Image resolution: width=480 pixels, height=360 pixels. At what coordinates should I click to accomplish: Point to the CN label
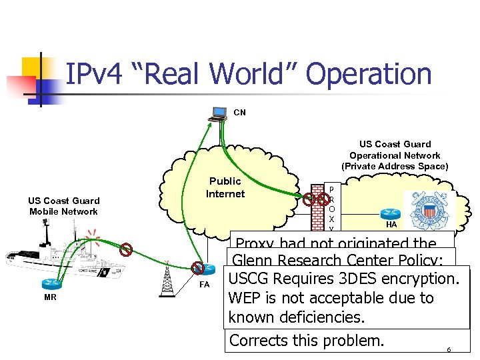pos(239,113)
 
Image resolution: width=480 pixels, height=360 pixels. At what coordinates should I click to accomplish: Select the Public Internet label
pos(225,187)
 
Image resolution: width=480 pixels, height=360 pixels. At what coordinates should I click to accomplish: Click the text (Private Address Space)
pos(395,166)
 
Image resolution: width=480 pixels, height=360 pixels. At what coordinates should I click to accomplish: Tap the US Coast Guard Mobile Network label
pos(63,206)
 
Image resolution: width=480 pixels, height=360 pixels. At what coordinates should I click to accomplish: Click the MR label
pos(50,297)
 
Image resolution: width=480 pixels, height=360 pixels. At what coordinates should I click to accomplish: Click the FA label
pos(205,285)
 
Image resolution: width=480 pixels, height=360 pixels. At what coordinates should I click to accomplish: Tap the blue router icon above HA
pos(391,213)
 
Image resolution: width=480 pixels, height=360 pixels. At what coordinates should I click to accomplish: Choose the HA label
pos(391,225)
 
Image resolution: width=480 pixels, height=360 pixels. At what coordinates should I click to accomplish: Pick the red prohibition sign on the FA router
pos(198,268)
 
